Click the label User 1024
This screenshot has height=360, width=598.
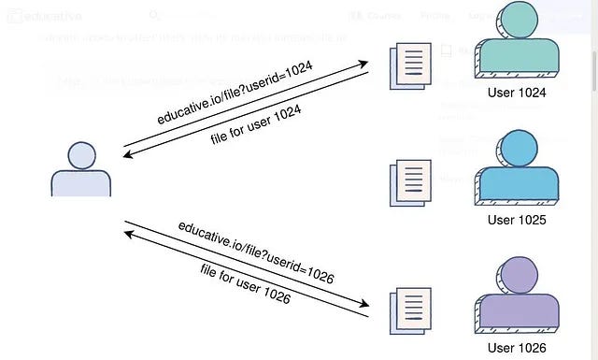[516, 94]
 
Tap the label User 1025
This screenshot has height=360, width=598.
[516, 220]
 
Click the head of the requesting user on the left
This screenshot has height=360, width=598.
[82, 155]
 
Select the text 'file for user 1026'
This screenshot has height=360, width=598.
[245, 286]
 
